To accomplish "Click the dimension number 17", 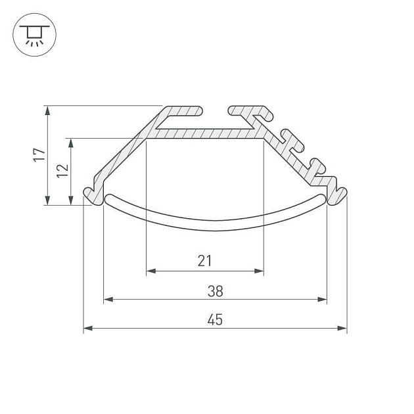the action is click(39, 154).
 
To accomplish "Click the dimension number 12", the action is click(62, 171).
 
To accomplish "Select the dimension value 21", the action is click(204, 261).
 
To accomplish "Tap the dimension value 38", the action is click(215, 290).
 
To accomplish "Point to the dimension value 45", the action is click(215, 319).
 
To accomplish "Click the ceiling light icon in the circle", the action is click(34, 35).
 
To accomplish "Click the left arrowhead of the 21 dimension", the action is click(151, 271).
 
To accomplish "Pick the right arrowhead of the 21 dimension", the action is click(259, 271).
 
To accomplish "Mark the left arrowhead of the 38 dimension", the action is click(108, 300).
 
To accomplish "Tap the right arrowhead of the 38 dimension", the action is click(322, 300).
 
